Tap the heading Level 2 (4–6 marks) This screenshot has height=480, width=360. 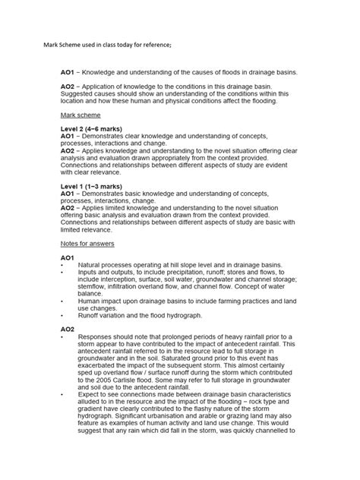pyautogui.click(x=91, y=129)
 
